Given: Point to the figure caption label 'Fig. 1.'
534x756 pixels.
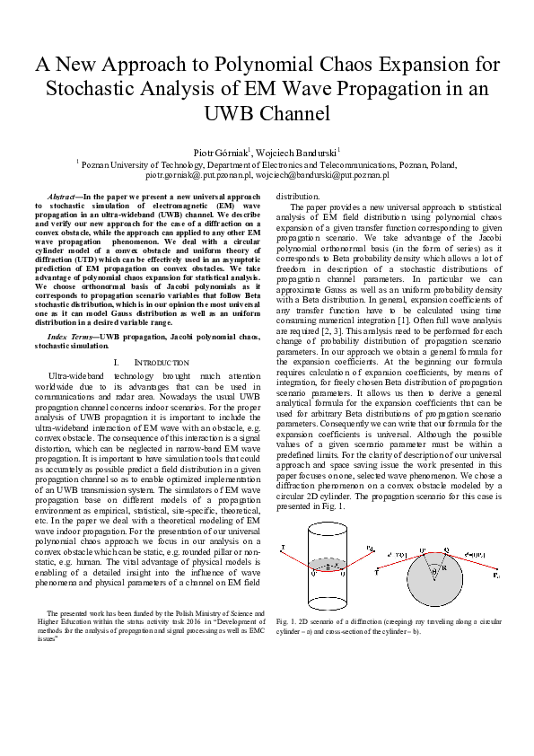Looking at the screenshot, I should click(x=288, y=620).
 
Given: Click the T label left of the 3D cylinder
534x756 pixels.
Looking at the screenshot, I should click(x=284, y=546).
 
